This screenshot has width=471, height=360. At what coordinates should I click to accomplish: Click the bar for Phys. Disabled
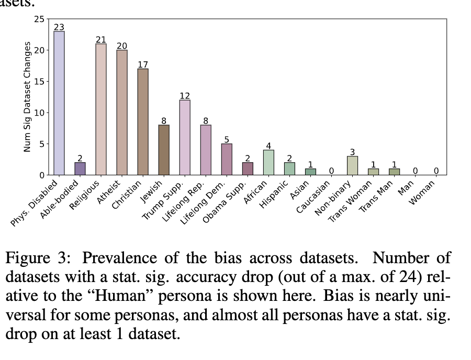click(x=59, y=103)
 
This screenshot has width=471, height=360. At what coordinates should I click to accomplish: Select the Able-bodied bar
click(x=80, y=168)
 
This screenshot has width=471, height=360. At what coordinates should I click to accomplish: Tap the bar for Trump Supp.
click(x=185, y=137)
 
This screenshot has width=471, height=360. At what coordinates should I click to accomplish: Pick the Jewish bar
click(x=164, y=150)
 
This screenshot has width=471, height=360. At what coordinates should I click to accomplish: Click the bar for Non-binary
click(x=352, y=165)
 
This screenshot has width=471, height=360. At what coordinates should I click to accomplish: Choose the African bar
click(x=268, y=162)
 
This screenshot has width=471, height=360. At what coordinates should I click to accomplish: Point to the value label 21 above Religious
click(x=101, y=40)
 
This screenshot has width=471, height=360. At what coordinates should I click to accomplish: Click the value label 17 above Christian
click(x=143, y=64)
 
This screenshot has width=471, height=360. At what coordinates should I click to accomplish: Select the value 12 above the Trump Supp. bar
click(x=185, y=96)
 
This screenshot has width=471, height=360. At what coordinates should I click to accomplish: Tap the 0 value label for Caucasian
click(x=331, y=171)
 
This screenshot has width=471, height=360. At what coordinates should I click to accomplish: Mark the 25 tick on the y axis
click(x=40, y=19)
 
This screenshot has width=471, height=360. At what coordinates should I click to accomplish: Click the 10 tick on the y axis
click(x=40, y=113)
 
